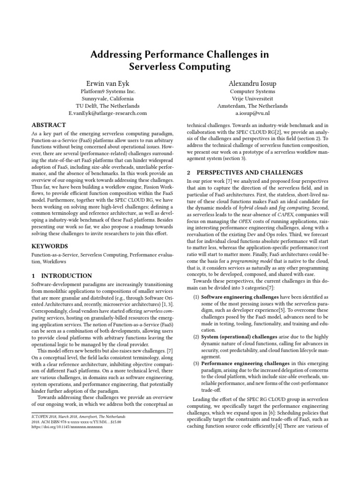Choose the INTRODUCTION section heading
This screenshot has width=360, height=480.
click(66, 276)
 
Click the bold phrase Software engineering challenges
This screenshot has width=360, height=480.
click(240, 298)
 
